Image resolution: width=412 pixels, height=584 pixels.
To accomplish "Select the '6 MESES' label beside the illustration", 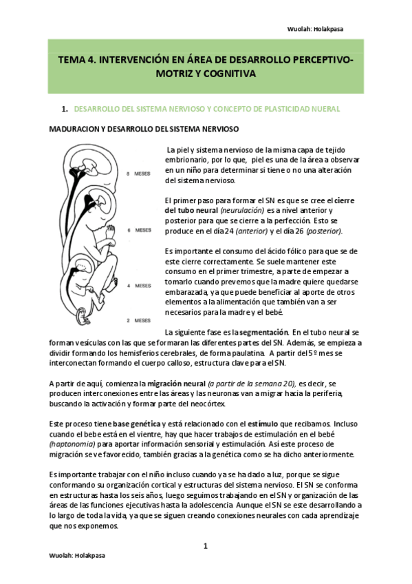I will coord(142,231).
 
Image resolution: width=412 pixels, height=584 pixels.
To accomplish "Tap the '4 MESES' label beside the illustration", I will coord(142,285).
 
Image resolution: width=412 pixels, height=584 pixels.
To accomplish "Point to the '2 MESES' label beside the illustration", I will coord(142,321).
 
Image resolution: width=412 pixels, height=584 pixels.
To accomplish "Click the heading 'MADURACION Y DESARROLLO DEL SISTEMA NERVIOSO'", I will coord(143,129).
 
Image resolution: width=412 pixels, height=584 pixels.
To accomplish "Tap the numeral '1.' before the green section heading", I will coord(65,109).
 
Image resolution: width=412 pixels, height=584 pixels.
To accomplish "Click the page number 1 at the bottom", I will coord(205,545).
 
